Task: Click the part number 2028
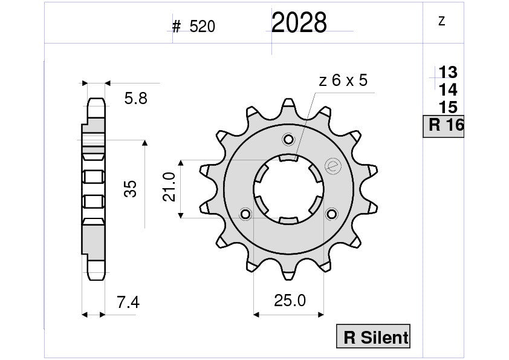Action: [x=299, y=23]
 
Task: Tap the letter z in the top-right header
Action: [x=441, y=21]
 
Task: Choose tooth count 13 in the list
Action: [x=448, y=73]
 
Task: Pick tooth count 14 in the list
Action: [x=448, y=90]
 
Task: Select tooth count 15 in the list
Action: [x=448, y=108]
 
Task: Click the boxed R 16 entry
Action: [x=444, y=126]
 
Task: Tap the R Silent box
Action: [x=374, y=338]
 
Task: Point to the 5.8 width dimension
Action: [x=135, y=99]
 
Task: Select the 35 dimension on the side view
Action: [x=130, y=189]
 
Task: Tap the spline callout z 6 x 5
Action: [x=342, y=81]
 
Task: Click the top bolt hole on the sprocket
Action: [x=288, y=140]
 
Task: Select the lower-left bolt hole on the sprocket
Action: [x=245, y=214]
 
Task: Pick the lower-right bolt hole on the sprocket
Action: [x=331, y=214]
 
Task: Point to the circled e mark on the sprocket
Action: [x=331, y=165]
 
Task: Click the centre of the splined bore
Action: [x=288, y=189]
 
